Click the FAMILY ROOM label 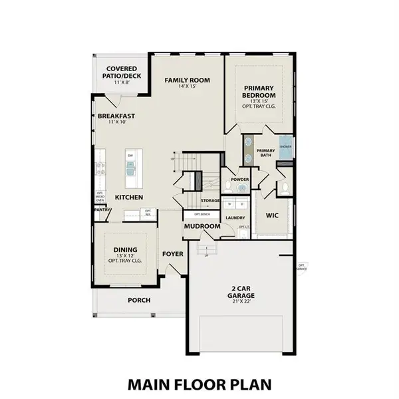coord(188,80)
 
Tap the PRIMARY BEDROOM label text coord(259,92)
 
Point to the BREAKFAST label coord(116,116)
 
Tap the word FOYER coord(173,254)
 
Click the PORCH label coord(139,300)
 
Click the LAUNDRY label coord(236,217)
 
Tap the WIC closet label coord(271,215)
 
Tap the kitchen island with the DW coord(130,166)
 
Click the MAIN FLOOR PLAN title coord(199,384)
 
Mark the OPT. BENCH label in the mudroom coord(202,215)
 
